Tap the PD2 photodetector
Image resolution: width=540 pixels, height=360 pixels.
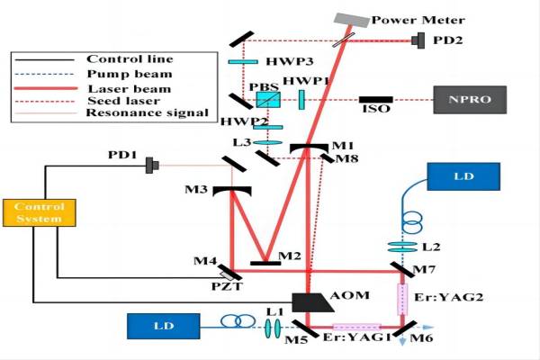point(421,40)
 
